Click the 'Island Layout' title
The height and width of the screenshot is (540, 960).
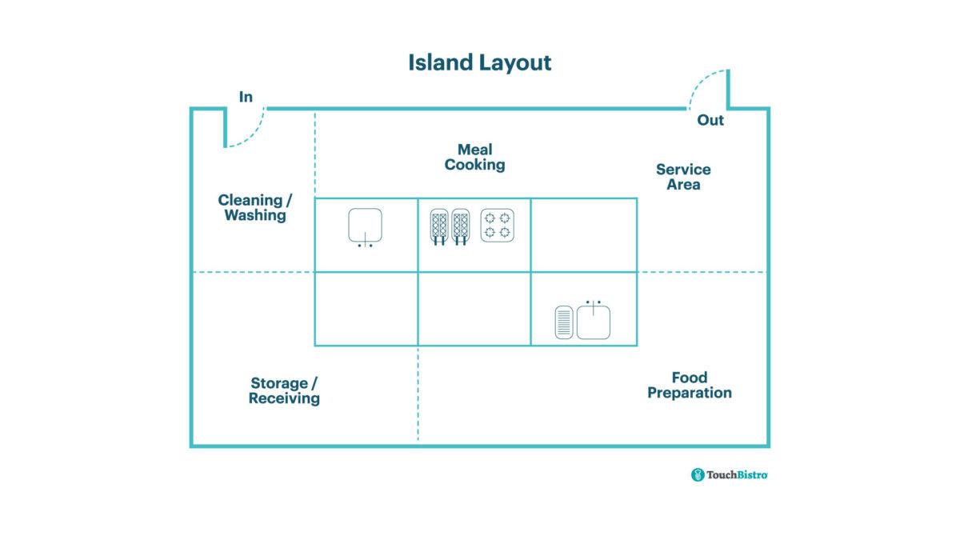point(479,62)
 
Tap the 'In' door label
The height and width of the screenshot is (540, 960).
point(246,97)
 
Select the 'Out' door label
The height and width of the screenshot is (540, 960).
point(710,120)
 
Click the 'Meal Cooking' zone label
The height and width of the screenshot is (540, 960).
point(475,157)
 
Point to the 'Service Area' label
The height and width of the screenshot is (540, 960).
point(683,177)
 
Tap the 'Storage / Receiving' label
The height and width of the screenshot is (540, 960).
point(284,390)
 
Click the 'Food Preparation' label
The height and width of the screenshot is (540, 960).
point(689,385)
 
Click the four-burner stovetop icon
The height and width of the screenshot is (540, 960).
point(496,226)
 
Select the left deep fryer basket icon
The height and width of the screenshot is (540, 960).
point(439,226)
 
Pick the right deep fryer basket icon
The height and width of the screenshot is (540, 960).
point(460,226)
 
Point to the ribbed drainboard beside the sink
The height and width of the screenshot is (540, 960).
point(564,322)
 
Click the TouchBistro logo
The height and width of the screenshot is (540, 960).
point(730,475)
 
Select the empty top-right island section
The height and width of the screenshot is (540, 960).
point(584,234)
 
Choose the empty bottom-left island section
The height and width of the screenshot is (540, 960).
point(366,309)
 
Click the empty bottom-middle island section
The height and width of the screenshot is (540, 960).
point(474,309)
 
